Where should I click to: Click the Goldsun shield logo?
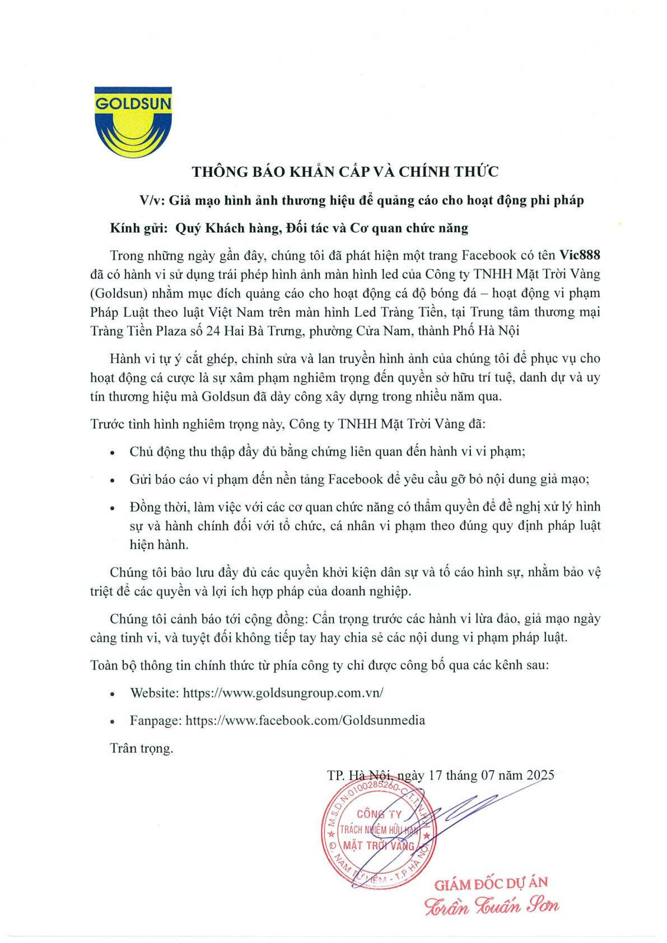133,122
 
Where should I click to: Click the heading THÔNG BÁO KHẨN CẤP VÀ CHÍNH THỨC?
345,172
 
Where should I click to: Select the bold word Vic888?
580,255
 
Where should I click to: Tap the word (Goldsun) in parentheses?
119,293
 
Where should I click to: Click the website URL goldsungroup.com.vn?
283,692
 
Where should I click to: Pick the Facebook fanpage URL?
305,720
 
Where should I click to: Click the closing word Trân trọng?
142,748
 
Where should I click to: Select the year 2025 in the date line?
540,775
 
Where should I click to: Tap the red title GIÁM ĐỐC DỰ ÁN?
491,884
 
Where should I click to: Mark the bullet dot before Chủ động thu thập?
113,452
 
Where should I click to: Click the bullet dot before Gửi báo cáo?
113,480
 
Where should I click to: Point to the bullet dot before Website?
113,693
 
